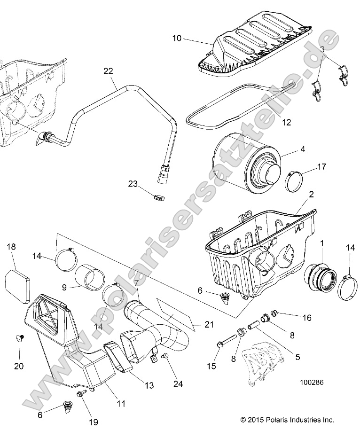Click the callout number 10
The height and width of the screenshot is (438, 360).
pos(177,38)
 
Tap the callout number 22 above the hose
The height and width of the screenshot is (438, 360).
pos(108,71)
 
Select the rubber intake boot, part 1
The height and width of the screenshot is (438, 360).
pos(318,276)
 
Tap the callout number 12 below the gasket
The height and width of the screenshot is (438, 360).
pos(286,123)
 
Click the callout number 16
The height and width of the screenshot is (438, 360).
pos(307,318)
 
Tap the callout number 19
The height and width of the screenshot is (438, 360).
pos(94,422)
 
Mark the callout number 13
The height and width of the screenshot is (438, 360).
pos(149,385)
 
